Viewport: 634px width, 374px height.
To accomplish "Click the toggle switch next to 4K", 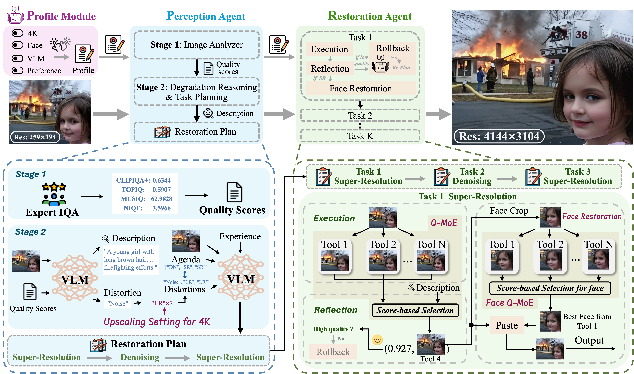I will coord(17,33).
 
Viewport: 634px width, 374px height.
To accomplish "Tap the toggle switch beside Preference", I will coord(17,70).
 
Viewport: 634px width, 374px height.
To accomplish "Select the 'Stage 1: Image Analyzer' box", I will coord(197,45).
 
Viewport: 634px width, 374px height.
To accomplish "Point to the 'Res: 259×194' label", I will coord(35,137).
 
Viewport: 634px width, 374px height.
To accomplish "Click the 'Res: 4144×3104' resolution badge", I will coord(499,136).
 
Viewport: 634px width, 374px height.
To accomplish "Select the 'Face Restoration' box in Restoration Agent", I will coord(361,89).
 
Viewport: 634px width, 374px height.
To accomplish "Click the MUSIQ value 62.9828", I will coord(162,199).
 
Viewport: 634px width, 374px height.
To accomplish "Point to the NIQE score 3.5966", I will coord(161,208).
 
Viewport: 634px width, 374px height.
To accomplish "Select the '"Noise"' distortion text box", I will coord(118,303).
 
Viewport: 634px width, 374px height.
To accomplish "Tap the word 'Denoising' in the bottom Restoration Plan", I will coord(140,357).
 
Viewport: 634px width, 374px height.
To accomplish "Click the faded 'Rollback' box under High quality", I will coord(333,352).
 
